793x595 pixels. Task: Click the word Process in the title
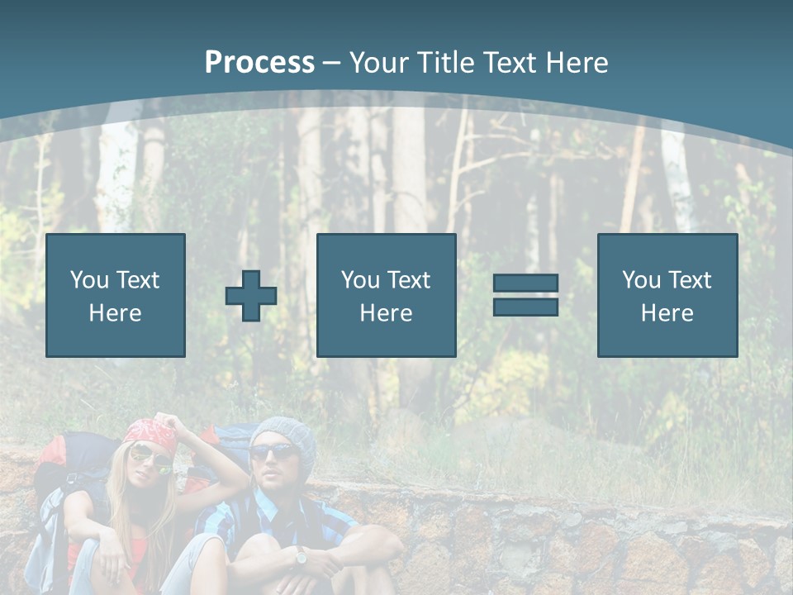point(259,63)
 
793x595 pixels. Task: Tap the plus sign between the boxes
point(251,296)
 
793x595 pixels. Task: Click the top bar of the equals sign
point(525,283)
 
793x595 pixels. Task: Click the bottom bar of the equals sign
point(525,307)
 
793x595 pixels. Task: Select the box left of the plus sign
point(116,295)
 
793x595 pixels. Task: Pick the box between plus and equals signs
point(386,295)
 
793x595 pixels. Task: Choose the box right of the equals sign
point(667,295)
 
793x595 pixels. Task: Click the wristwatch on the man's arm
point(301,557)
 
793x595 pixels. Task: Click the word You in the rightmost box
point(641,280)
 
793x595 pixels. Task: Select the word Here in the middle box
point(386,313)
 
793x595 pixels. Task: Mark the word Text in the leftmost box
point(137,280)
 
